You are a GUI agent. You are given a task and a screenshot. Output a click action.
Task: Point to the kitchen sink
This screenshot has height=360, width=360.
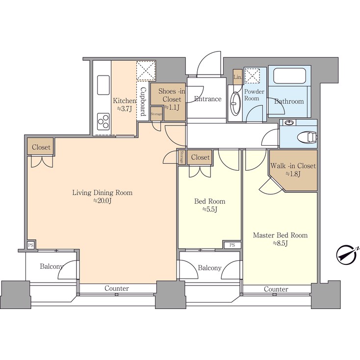(103, 85)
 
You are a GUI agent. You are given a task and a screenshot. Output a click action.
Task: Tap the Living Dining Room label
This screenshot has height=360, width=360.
(103, 193)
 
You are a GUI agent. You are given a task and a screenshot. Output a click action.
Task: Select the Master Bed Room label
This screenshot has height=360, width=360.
(280, 235)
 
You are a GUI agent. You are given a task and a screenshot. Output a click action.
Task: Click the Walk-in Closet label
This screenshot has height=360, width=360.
(293, 166)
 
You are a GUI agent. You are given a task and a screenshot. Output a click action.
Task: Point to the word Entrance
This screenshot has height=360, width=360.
(207, 99)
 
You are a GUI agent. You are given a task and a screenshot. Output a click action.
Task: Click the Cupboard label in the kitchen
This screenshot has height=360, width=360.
(142, 102)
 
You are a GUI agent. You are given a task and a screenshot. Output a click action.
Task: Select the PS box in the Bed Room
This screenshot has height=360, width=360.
(232, 245)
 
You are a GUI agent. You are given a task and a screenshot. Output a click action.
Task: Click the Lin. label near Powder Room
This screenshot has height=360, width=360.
(237, 77)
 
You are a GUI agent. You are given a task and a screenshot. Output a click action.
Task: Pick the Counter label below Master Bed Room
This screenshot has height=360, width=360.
(276, 289)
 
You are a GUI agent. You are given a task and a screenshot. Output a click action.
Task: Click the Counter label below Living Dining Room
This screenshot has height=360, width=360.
(117, 288)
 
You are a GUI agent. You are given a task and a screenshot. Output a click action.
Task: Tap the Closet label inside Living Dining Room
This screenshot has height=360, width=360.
(41, 147)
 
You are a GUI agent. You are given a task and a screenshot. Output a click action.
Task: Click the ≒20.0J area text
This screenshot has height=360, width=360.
(103, 201)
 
